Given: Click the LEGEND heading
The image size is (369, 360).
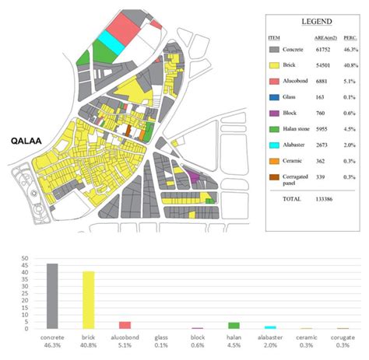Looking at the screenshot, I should pos(314,21).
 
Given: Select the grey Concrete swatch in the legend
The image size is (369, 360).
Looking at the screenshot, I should pos(274,49).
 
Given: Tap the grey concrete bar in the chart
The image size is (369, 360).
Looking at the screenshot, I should pos(53,296).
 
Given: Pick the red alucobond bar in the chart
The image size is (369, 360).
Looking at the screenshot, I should pos(125,325).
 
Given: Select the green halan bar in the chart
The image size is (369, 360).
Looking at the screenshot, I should pos(234,326).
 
